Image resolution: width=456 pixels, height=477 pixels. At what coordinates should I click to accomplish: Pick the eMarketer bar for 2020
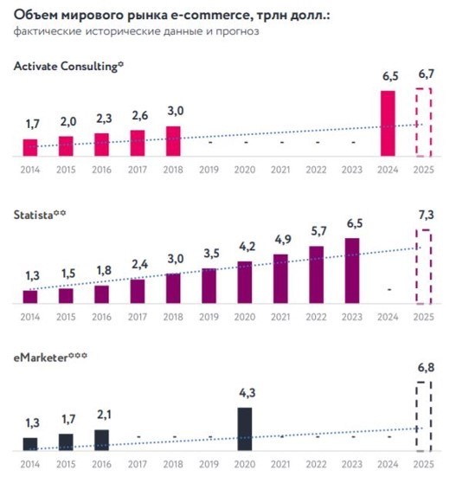click(x=245, y=429)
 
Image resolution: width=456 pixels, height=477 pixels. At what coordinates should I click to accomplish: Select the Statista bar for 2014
click(x=30, y=296)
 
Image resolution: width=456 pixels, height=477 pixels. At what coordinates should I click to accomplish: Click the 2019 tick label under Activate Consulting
click(x=209, y=170)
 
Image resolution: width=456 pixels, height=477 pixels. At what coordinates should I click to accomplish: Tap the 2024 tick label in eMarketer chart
click(x=388, y=465)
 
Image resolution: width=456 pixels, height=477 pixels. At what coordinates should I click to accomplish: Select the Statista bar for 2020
click(x=245, y=282)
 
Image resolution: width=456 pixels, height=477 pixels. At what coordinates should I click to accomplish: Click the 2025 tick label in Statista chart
click(x=423, y=317)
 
